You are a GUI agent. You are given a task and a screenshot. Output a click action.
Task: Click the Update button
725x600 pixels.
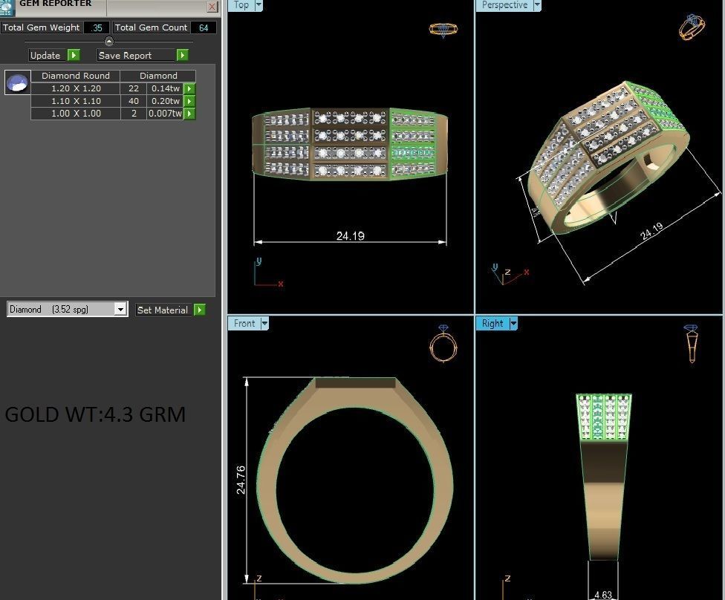pyautogui.click(x=45, y=56)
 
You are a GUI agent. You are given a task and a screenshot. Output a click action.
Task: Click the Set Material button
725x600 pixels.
pyautogui.click(x=163, y=310)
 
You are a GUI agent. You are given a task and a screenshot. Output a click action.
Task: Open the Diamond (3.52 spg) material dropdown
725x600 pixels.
pyautogui.click(x=120, y=310)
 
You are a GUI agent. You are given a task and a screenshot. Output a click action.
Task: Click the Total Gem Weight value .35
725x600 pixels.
pyautogui.click(x=97, y=27)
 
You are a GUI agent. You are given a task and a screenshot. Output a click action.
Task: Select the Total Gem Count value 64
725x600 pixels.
pyautogui.click(x=203, y=27)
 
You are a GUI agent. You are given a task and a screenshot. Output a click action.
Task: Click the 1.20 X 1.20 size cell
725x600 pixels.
pyautogui.click(x=76, y=88)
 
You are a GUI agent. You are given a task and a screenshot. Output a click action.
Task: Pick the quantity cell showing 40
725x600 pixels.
pyautogui.click(x=134, y=101)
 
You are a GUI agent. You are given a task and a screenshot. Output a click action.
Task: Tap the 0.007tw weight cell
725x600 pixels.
pyautogui.click(x=164, y=114)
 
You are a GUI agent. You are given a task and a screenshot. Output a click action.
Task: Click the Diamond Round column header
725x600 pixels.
pyautogui.click(x=76, y=76)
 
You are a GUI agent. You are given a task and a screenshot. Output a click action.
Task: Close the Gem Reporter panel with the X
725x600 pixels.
pyautogui.click(x=212, y=7)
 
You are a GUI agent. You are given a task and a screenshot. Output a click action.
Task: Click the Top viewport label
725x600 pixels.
pyautogui.click(x=241, y=5)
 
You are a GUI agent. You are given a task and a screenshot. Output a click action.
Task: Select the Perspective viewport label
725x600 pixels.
pyautogui.click(x=504, y=5)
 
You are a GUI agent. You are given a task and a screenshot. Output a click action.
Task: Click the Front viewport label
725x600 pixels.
pyautogui.click(x=244, y=323)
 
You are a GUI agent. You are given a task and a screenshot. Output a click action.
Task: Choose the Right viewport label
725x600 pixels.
pyautogui.click(x=492, y=323)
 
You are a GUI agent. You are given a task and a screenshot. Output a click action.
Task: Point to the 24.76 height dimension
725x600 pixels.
pyautogui.click(x=241, y=480)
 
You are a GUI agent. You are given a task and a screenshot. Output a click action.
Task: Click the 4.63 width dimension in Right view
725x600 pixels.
pyautogui.click(x=603, y=594)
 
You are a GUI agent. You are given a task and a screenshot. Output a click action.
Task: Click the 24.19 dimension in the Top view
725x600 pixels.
pyautogui.click(x=350, y=236)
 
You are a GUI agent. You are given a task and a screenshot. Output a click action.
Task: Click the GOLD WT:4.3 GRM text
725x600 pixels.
pyautogui.click(x=95, y=414)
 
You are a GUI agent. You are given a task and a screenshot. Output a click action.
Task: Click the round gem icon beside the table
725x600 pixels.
pyautogui.click(x=17, y=82)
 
